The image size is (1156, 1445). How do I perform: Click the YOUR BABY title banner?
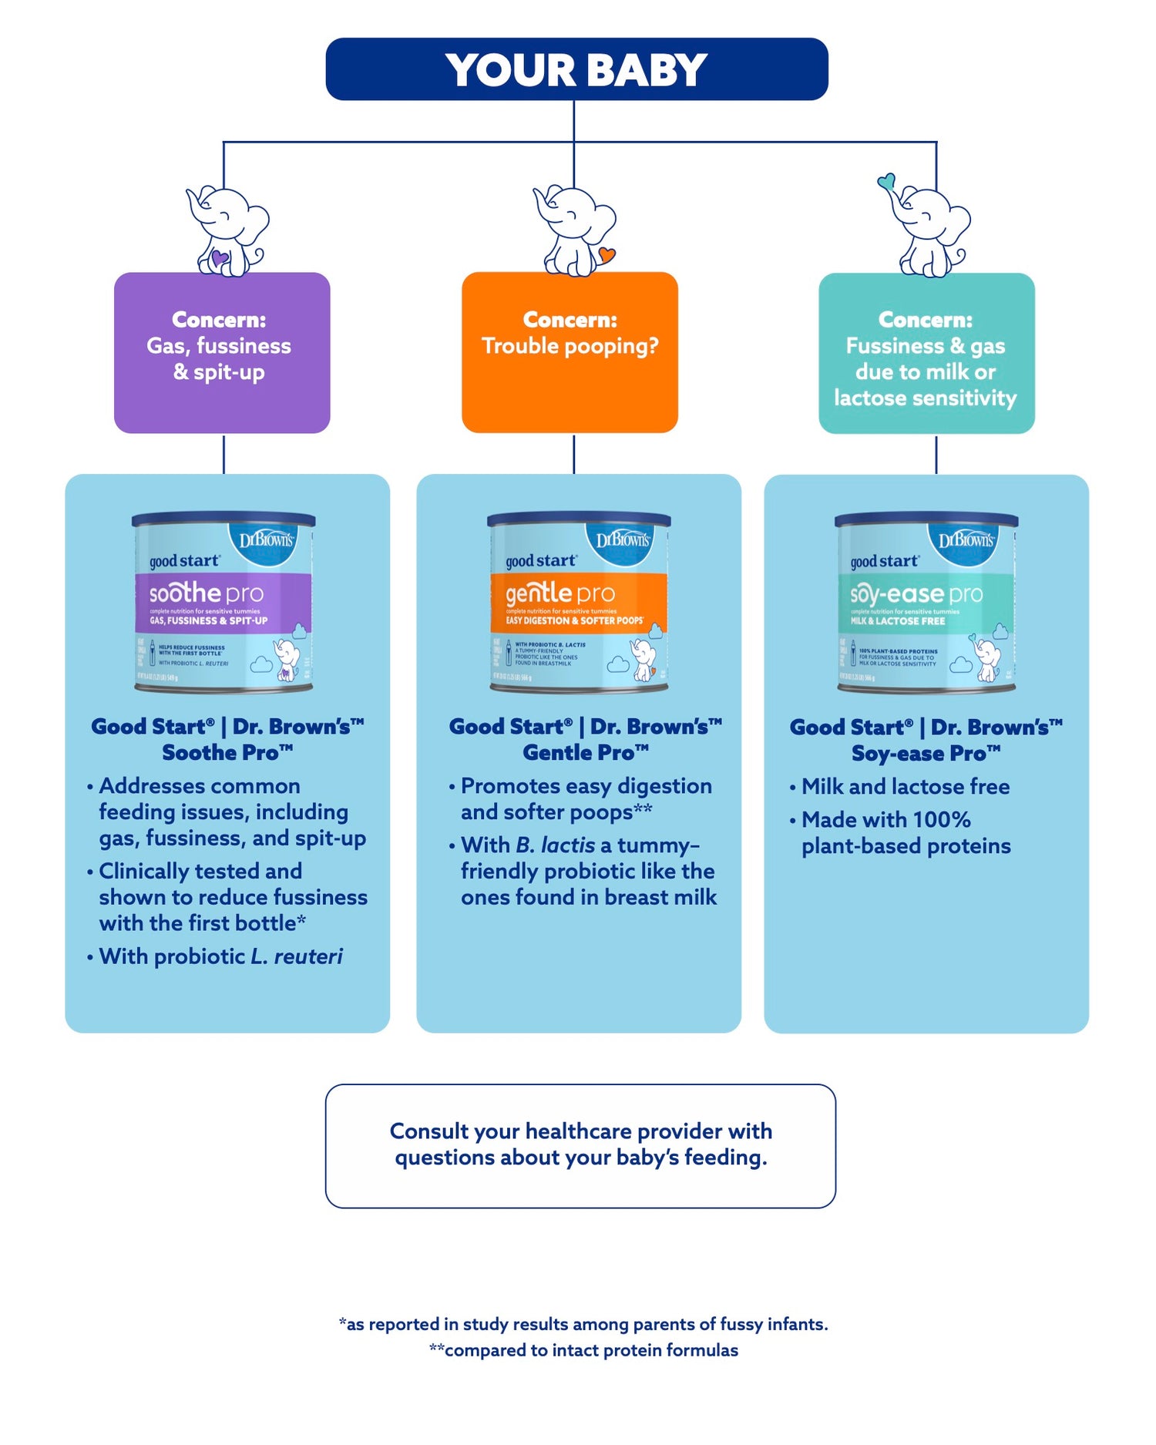tap(576, 69)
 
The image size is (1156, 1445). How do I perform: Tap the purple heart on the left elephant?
tap(219, 257)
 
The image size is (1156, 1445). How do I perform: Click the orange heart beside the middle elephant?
tap(607, 254)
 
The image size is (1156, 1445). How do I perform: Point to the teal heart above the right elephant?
tap(886, 182)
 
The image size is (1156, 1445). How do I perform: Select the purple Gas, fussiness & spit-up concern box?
tap(222, 352)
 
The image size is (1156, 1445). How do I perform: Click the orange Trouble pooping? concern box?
tap(570, 352)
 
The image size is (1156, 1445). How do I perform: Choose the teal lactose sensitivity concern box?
tap(926, 353)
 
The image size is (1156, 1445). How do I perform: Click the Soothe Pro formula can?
tap(223, 601)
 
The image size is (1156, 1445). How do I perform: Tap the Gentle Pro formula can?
tap(579, 601)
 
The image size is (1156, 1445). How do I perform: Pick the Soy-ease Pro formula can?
tap(926, 601)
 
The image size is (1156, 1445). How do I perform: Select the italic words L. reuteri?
tap(297, 956)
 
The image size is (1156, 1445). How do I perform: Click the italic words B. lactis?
tap(555, 845)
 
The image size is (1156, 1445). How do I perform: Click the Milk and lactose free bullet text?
tap(905, 787)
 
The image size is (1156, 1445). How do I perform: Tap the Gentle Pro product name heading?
tap(585, 753)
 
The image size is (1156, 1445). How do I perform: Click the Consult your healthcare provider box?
tap(580, 1145)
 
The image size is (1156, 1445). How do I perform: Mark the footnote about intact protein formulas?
tap(583, 1350)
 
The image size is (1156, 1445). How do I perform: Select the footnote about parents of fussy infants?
tap(583, 1324)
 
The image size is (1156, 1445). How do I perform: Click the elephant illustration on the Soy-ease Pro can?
tap(987, 659)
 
